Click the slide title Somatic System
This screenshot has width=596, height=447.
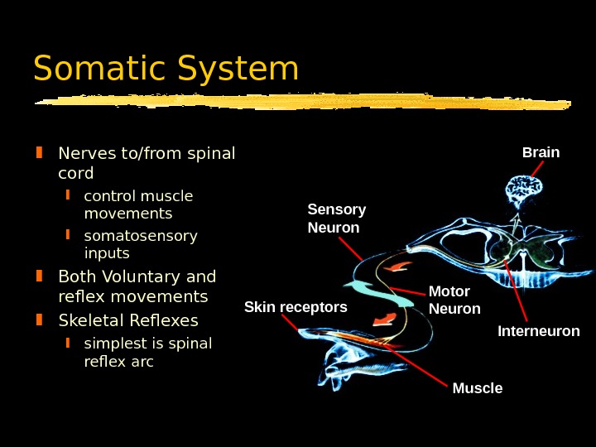[166, 70]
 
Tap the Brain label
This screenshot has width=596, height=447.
[541, 152]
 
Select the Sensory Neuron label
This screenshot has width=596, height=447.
[336, 219]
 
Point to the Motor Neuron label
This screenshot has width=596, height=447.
[454, 300]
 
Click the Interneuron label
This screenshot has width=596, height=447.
[538, 331]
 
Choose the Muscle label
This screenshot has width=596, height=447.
[478, 388]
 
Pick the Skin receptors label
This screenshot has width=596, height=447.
[296, 308]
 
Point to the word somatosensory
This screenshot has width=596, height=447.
[141, 236]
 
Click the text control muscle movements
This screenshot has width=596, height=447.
[138, 205]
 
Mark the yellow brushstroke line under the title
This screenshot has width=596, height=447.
[302, 103]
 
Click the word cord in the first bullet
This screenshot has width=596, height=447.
[76, 174]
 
